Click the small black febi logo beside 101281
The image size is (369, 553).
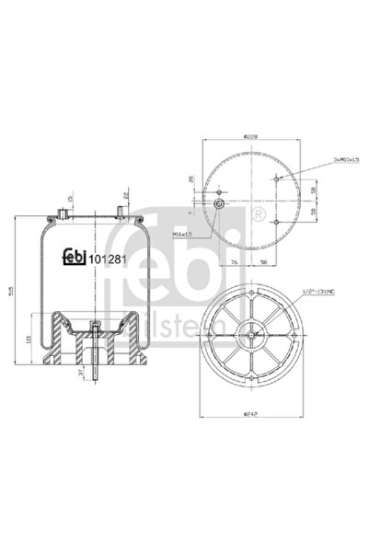click(74, 257)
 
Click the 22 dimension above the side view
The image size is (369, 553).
click(126, 195)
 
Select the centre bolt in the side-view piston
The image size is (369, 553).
click(97, 328)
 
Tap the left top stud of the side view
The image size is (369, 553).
click(59, 214)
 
